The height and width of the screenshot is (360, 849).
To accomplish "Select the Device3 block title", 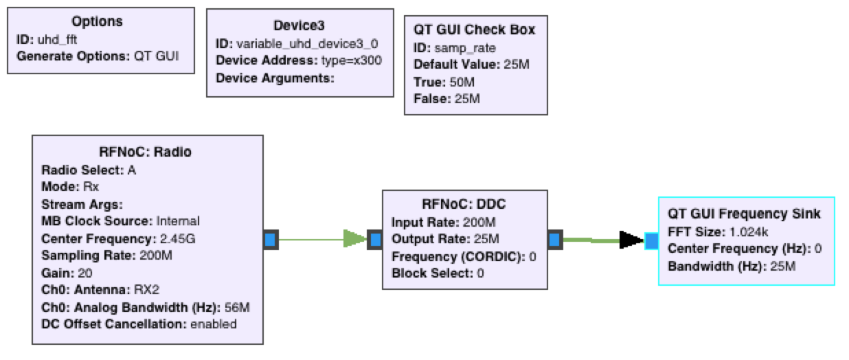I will click(300, 25).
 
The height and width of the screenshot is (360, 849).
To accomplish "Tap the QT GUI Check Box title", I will click(474, 30).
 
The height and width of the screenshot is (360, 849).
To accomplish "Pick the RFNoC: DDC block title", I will click(464, 205).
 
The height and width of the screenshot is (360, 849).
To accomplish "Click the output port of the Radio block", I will click(271, 240).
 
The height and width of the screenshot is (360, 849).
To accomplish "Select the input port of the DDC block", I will click(374, 240).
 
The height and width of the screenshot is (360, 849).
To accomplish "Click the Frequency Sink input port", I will click(652, 240).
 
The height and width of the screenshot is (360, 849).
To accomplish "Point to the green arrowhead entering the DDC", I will click(354, 240).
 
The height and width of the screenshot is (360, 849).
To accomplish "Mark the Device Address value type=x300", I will click(351, 60).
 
